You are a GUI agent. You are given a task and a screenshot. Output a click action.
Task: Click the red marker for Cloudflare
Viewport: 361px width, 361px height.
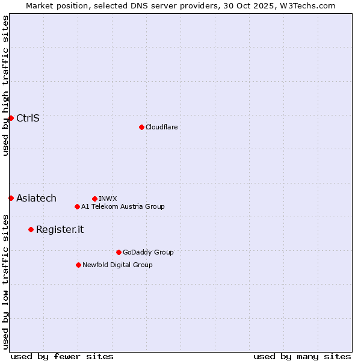point(141,127)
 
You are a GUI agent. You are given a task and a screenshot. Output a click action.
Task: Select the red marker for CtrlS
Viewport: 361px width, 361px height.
point(11,118)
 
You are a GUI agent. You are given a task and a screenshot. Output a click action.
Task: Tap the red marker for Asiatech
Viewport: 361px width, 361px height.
point(11,198)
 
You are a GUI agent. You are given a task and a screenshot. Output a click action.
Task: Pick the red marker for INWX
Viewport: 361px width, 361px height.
point(94,199)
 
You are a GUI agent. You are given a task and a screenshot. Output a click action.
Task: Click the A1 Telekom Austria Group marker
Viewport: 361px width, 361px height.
point(77,206)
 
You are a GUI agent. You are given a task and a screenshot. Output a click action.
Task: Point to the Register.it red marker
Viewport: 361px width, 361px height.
point(31,229)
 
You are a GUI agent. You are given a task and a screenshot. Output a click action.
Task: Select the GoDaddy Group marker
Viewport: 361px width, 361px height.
point(119,252)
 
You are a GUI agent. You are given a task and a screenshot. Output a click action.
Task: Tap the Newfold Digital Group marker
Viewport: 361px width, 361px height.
point(78,265)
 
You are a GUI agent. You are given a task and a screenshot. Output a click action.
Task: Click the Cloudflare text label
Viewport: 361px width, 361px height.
point(161,127)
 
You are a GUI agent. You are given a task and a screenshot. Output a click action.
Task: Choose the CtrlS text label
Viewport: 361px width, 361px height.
point(28,118)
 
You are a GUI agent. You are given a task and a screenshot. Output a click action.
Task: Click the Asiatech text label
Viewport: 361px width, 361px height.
point(36,198)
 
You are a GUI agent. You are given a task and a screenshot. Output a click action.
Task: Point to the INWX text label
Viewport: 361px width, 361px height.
point(108,199)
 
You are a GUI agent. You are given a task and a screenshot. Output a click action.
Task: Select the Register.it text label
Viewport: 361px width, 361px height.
point(60,229)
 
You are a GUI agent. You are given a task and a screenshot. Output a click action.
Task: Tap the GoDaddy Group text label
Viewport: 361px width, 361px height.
point(148,252)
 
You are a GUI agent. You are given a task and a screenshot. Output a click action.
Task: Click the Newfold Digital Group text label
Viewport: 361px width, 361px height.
point(117,265)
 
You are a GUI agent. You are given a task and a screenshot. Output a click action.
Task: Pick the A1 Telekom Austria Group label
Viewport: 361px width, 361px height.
point(123,206)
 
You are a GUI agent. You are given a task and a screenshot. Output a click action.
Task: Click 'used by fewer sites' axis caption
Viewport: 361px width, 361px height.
point(62,356)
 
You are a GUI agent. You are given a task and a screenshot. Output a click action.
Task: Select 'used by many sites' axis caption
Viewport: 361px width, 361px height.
point(302,356)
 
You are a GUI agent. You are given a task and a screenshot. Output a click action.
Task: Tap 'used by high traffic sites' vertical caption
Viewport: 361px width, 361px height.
point(5,85)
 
